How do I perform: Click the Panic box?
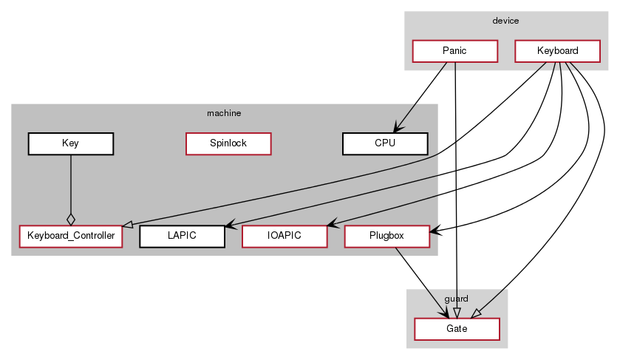pos(454,52)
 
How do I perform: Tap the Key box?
pos(70,144)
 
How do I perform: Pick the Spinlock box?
pos(228,144)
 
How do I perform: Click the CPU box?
pos(386,144)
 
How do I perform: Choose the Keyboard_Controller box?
pos(70,237)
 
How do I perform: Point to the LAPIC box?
pos(182,237)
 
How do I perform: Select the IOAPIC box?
pos(285,237)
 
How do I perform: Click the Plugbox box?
pos(387,237)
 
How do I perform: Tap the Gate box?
pos(457,329)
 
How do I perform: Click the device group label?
pos(505,21)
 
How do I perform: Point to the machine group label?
pos(224,113)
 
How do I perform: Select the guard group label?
pos(457,298)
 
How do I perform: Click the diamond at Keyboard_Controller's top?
pos(70,219)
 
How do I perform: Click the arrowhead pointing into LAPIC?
pos(230,225)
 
